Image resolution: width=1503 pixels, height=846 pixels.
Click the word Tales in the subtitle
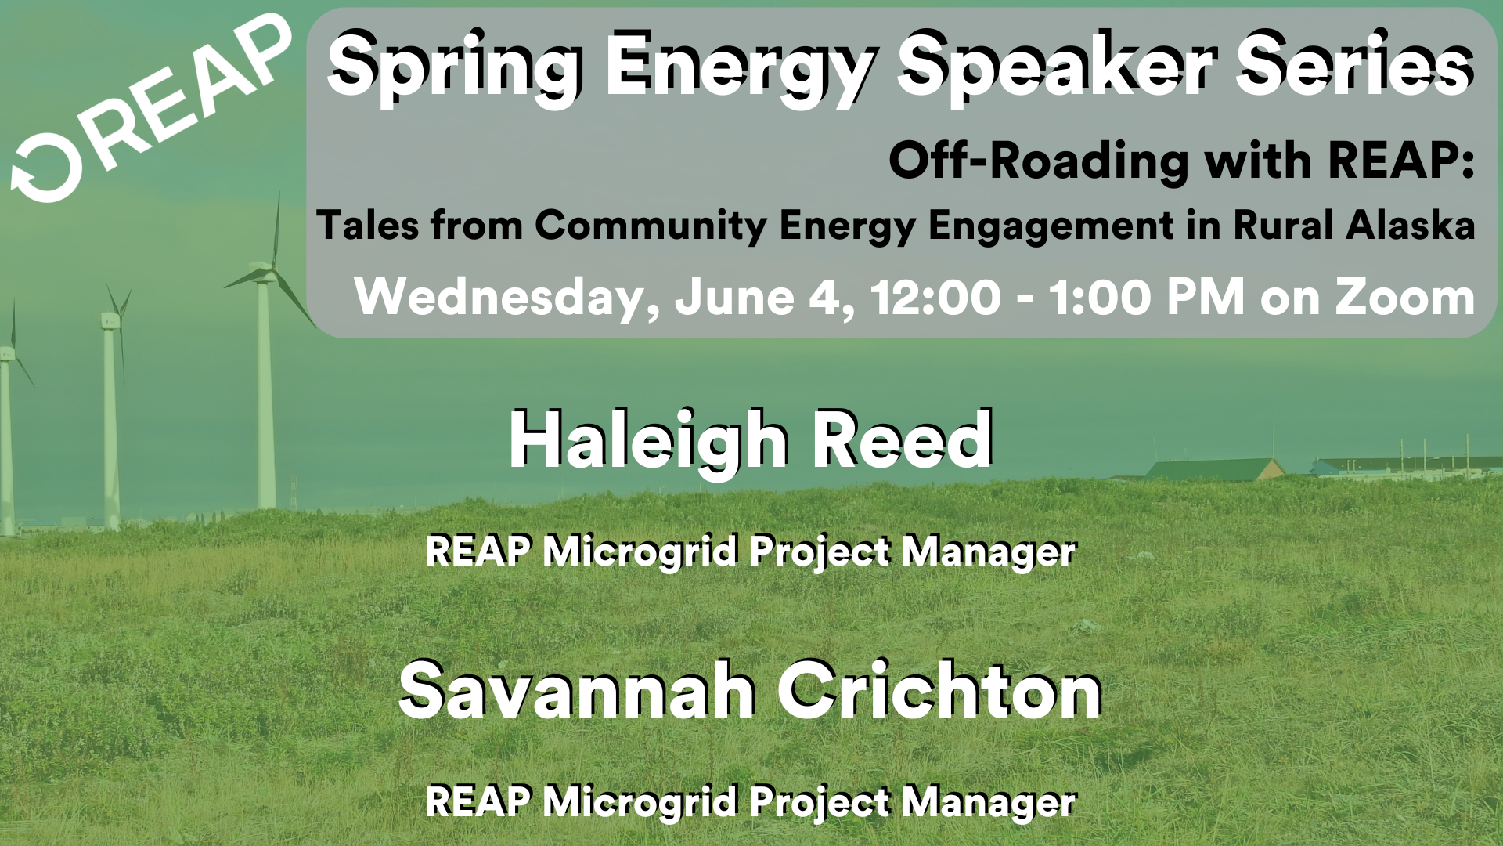click(x=367, y=226)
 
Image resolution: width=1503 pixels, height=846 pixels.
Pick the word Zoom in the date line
click(x=1405, y=298)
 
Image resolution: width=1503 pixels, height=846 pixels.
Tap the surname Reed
click(x=903, y=440)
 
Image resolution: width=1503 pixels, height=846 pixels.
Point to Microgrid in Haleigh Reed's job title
click(x=641, y=552)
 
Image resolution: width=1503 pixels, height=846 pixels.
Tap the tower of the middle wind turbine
click(x=110, y=423)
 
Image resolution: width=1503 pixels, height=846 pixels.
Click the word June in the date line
click(x=735, y=298)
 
